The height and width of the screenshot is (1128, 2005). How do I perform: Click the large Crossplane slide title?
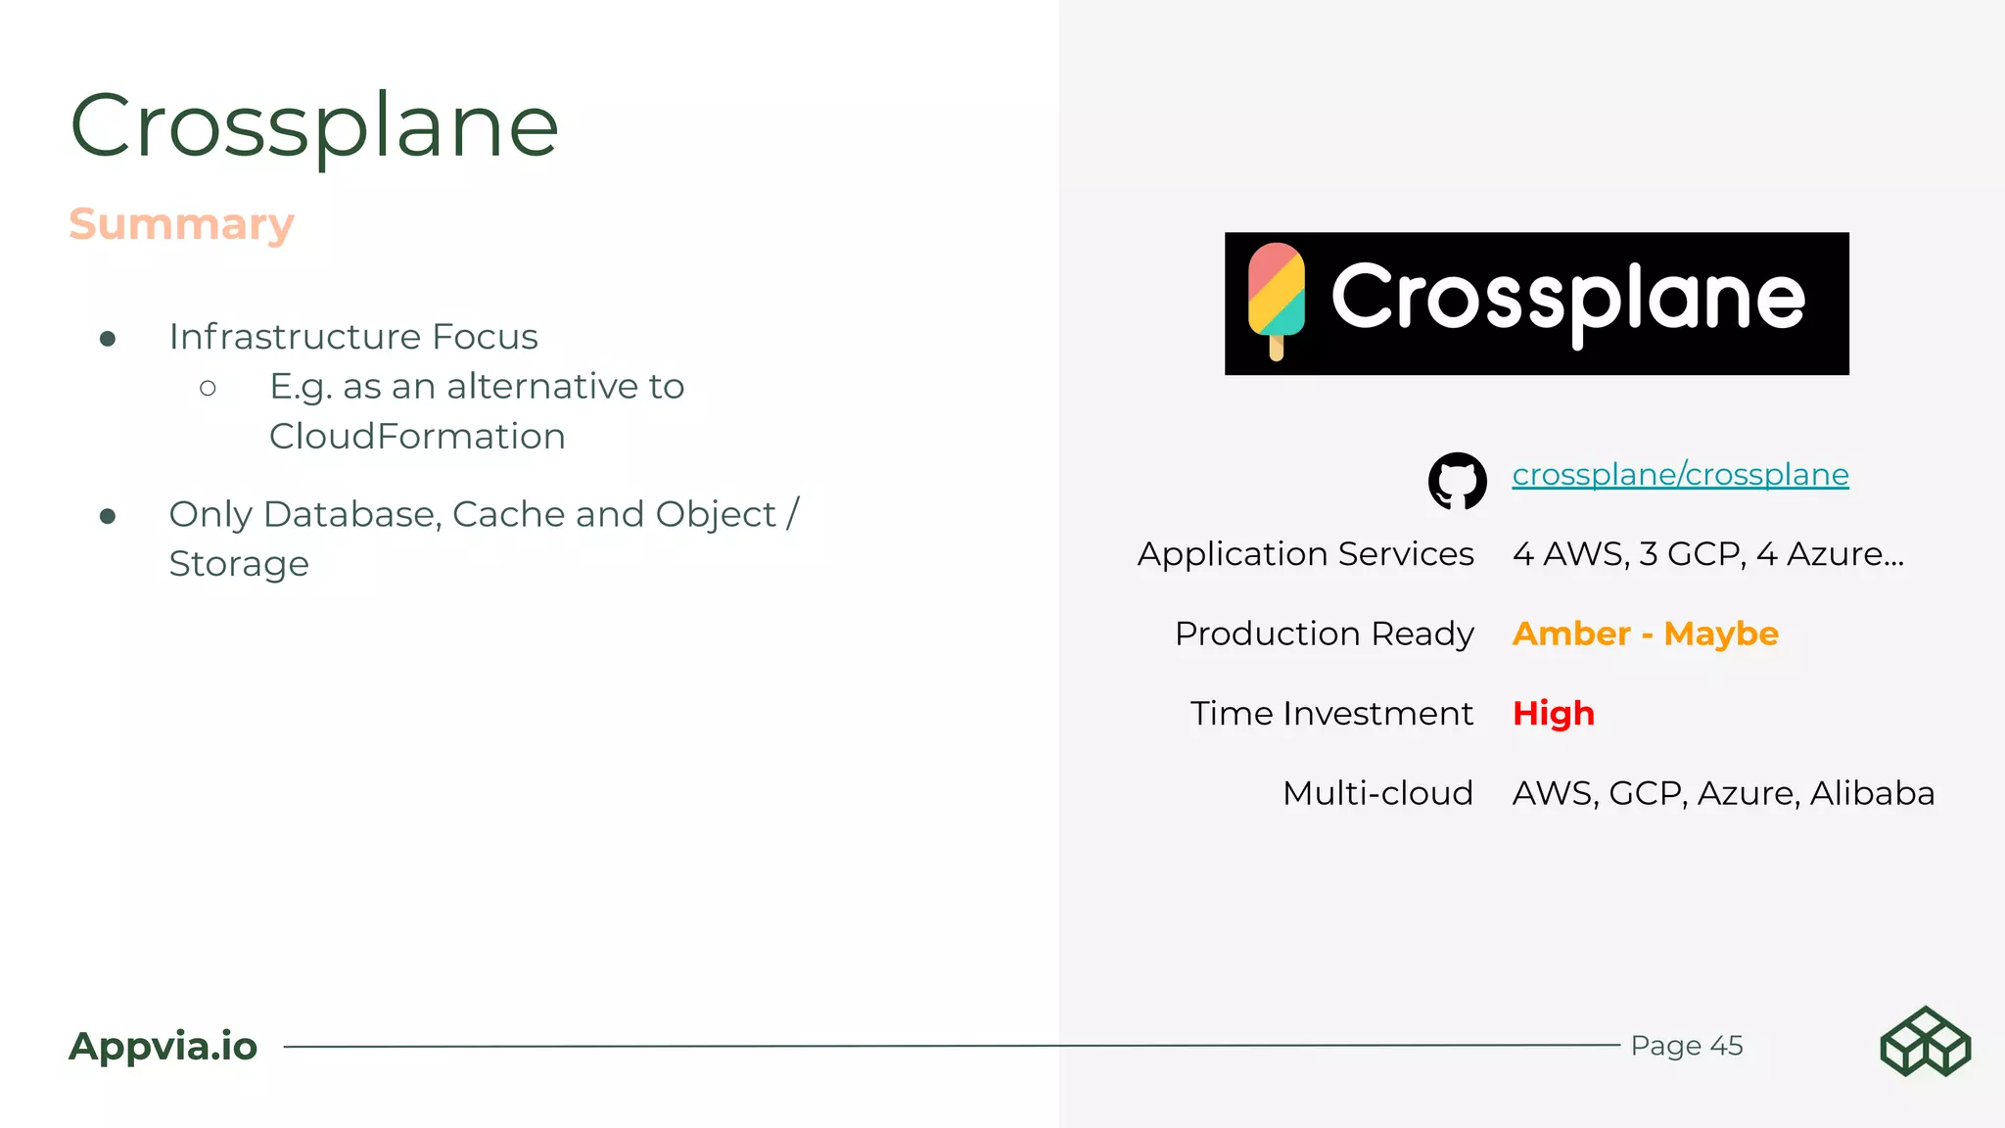[x=314, y=125]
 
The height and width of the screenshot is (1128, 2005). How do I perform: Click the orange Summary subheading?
[x=181, y=224]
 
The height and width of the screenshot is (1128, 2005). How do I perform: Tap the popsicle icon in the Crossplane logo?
[x=1276, y=295]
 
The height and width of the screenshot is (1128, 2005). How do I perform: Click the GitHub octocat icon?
[x=1457, y=480]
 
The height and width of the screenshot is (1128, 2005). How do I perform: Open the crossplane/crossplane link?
[x=1680, y=475]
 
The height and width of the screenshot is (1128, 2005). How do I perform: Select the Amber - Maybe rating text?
[x=1645, y=634]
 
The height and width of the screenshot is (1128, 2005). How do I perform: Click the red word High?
[x=1553, y=713]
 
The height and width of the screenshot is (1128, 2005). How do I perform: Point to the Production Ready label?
[x=1324, y=634]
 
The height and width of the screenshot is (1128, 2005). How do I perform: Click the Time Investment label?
[x=1331, y=713]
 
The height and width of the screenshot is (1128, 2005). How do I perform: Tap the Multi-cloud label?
[x=1377, y=792]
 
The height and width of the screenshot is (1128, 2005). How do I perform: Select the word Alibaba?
[x=1872, y=792]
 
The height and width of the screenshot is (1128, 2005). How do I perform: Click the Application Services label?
[x=1305, y=554]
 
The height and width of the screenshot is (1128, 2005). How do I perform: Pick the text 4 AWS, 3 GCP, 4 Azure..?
[x=1707, y=554]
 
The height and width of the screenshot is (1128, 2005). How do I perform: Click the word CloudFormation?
[x=417, y=437]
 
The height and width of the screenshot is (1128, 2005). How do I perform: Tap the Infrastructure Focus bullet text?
[x=353, y=337]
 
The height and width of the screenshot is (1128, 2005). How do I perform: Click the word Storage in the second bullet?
[x=239, y=564]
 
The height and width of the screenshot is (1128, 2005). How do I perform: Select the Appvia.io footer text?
[x=163, y=1046]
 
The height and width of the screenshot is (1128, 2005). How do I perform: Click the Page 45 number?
[x=1686, y=1046]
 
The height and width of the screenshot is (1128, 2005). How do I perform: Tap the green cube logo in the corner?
[x=1925, y=1042]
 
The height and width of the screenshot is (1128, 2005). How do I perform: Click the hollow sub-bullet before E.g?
[x=208, y=388]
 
